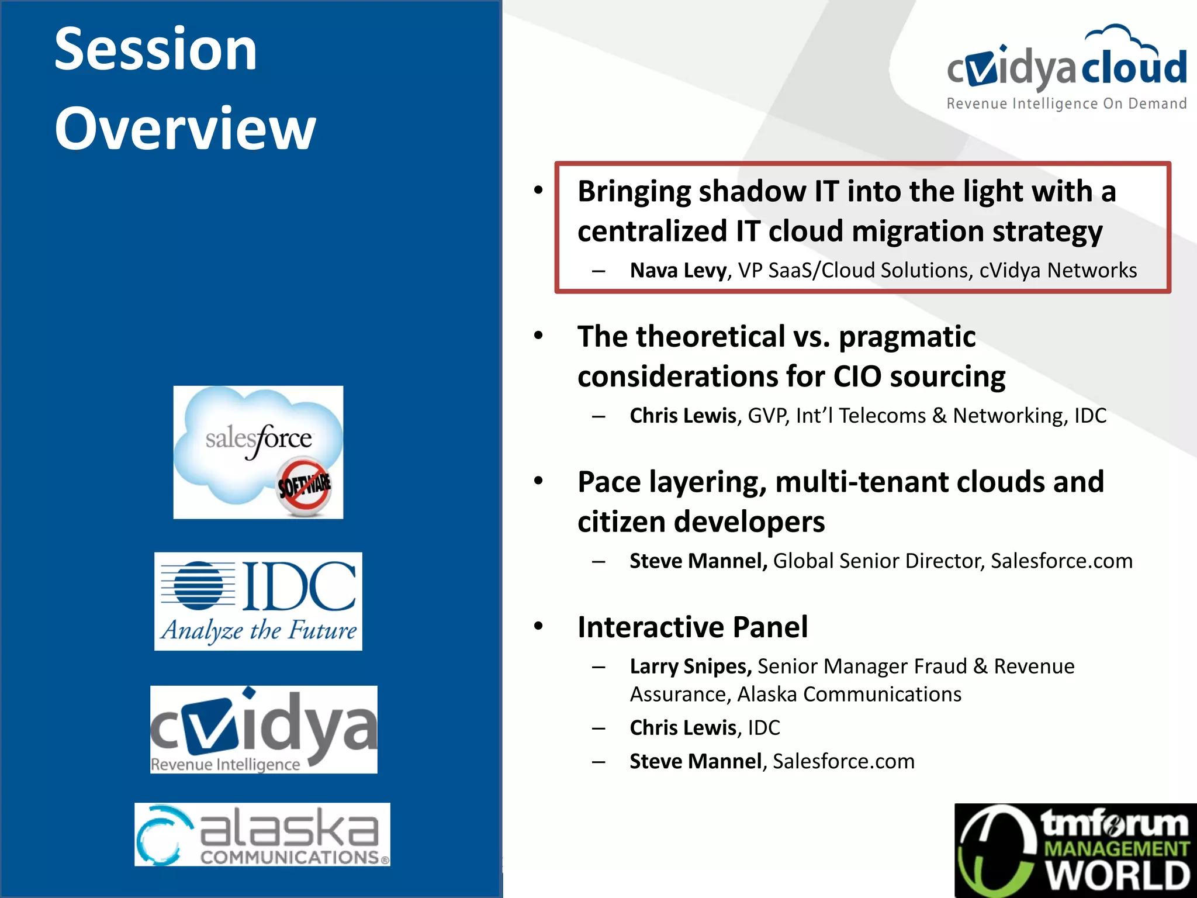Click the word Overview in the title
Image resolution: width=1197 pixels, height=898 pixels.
(185, 129)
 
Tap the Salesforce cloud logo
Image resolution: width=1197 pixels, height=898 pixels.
(258, 451)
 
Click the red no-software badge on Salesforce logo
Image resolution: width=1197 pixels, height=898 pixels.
(304, 485)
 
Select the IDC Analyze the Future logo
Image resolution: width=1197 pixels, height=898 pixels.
(258, 601)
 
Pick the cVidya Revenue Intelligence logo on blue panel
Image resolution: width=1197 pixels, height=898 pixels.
(264, 729)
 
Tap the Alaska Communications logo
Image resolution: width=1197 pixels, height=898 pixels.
(262, 834)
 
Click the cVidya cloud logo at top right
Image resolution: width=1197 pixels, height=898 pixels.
(1066, 67)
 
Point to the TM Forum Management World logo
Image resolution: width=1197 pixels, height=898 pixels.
(1075, 851)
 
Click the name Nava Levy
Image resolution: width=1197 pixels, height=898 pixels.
(678, 271)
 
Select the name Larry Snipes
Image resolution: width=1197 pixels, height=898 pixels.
(690, 666)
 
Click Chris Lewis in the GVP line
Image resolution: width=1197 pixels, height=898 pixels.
(683, 416)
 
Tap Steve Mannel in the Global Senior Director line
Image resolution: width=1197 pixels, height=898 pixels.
(698, 561)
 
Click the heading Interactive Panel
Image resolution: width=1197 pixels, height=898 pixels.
(693, 627)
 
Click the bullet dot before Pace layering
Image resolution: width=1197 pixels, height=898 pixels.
(538, 481)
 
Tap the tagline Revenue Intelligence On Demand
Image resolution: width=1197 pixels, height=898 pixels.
(1066, 104)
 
